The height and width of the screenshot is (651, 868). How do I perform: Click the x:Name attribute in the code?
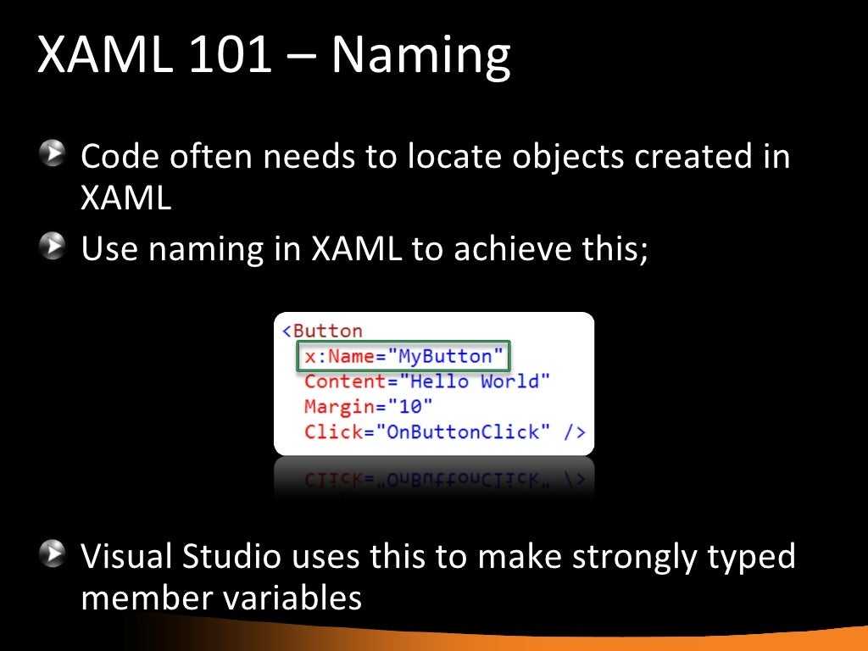339,356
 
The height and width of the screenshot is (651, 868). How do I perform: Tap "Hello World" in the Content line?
475,381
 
